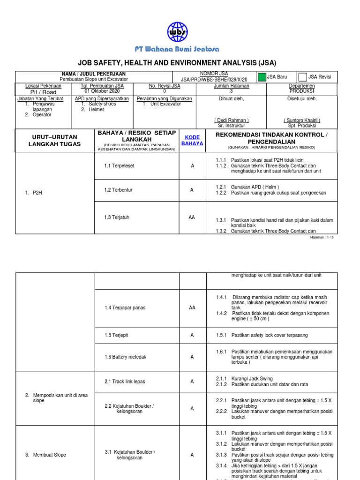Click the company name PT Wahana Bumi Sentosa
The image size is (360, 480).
pos(177,49)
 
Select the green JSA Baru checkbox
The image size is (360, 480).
pos(261,77)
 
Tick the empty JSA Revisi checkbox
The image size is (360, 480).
pos(303,77)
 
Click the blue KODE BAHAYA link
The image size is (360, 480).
pos(192,140)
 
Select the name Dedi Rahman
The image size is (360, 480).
pos(232,120)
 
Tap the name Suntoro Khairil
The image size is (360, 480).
pos(301,120)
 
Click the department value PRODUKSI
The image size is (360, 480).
pos(302,91)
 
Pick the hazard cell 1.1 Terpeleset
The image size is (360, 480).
pos(119,166)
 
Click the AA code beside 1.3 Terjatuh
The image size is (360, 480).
pos(192,217)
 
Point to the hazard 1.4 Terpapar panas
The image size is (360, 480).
pos(125,307)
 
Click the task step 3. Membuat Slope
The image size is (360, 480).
pos(45,455)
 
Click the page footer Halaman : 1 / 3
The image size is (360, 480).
pos(322,237)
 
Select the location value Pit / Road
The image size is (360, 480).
pos(43,92)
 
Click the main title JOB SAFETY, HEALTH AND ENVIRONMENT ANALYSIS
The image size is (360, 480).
pos(177,63)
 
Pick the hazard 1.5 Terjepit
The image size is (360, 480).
pos(117,335)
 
